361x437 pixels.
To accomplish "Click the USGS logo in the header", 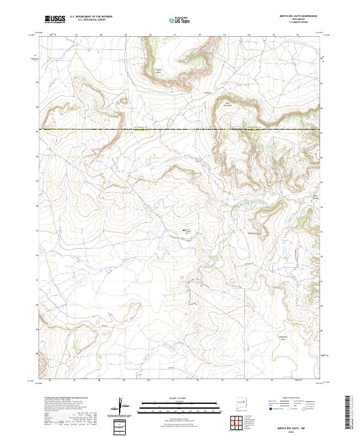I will point(55,19).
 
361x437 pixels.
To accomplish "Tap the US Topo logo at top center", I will point(180,20).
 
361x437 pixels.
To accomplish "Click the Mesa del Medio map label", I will point(228,104).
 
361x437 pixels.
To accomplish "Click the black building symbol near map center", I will point(184,230).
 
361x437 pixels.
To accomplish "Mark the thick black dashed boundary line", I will point(180,130).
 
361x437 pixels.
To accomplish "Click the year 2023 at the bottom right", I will point(291,432).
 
